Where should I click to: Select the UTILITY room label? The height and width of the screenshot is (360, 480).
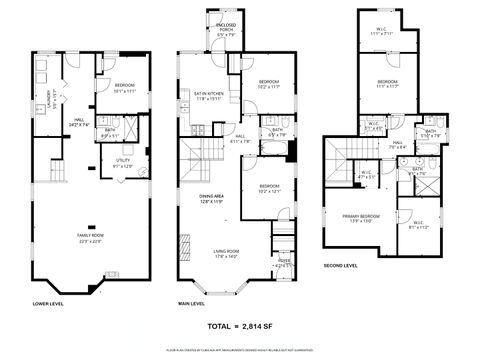(x=123, y=162)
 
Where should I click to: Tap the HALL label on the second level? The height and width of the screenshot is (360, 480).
(x=397, y=146)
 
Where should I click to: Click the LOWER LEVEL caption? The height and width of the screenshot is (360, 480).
(x=47, y=303)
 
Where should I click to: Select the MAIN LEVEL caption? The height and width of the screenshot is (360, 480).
(x=192, y=303)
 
